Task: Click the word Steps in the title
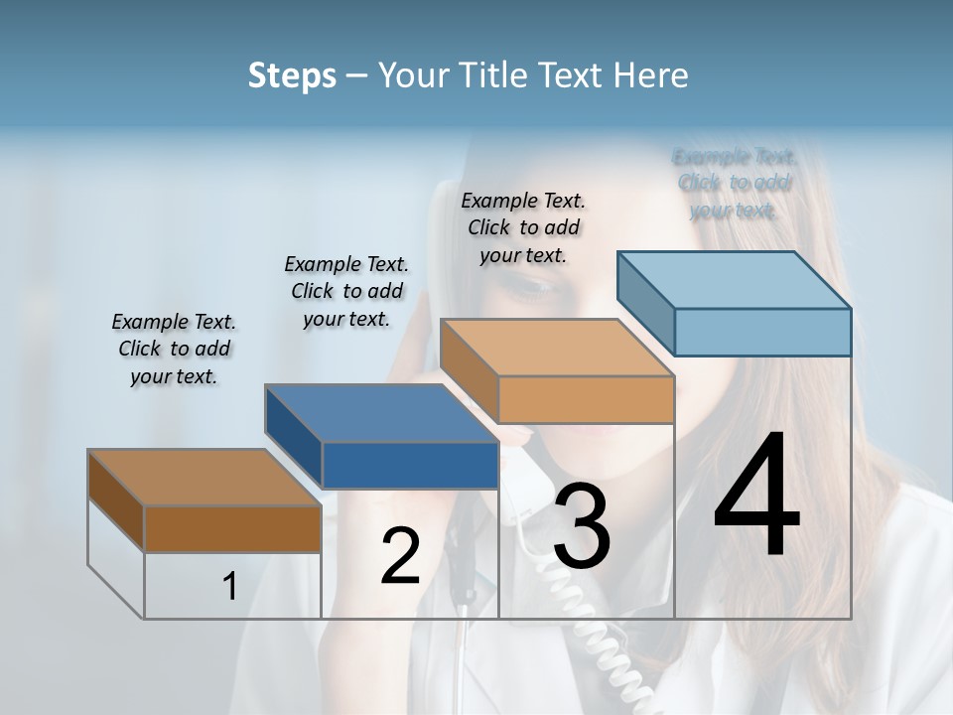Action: click(x=292, y=75)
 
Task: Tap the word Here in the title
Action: click(x=650, y=75)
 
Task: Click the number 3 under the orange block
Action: click(x=581, y=527)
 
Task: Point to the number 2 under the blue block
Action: click(x=400, y=556)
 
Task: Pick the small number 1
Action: click(x=230, y=587)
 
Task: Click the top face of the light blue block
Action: click(x=735, y=280)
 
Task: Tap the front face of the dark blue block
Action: click(x=410, y=465)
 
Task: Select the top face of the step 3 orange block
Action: click(x=556, y=348)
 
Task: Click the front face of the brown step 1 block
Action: click(x=232, y=528)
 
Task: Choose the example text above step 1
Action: click(x=174, y=350)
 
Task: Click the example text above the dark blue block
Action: click(x=346, y=291)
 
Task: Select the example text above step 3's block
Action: click(x=523, y=227)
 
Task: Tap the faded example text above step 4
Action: click(x=735, y=183)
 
